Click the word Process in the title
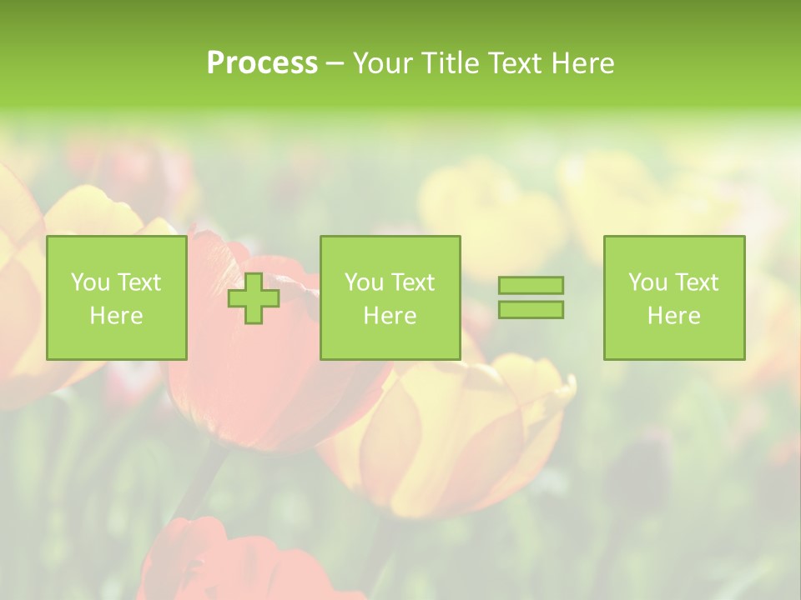click(262, 63)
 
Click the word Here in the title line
click(582, 63)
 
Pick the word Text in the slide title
click(517, 63)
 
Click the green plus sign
click(254, 298)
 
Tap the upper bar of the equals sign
click(531, 286)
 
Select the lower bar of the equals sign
click(531, 309)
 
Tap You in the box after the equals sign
click(647, 282)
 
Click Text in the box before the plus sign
click(139, 282)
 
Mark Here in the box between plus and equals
click(390, 316)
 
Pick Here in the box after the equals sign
click(673, 316)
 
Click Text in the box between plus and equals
click(412, 282)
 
